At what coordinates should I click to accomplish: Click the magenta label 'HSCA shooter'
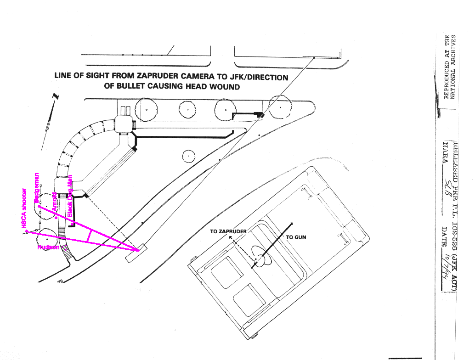(x=23, y=209)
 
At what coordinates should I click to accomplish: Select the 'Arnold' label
(x=54, y=202)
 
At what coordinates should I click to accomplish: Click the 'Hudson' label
(x=48, y=247)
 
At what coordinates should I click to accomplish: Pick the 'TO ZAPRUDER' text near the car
(x=228, y=231)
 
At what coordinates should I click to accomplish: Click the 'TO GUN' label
(x=296, y=237)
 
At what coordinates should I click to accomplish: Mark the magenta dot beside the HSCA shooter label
(x=27, y=232)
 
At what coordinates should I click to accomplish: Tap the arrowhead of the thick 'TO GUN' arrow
(x=291, y=225)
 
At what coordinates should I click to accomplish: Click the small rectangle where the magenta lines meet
(x=135, y=253)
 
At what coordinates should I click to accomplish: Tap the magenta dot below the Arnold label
(x=56, y=218)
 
